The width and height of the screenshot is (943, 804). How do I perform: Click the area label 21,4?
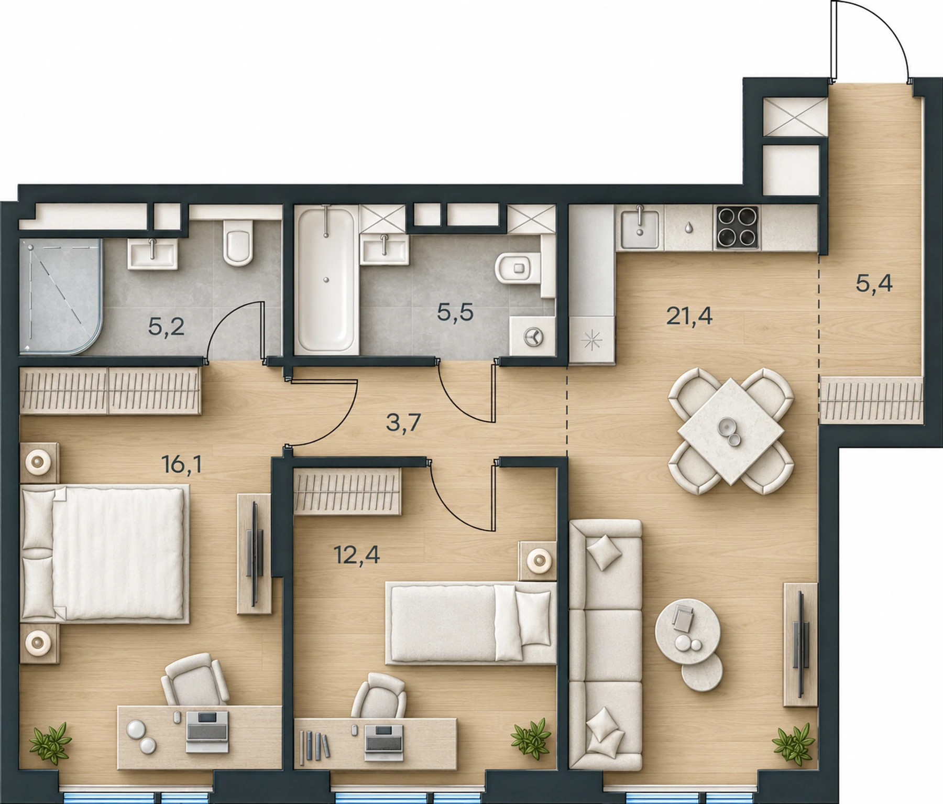pyautogui.click(x=689, y=316)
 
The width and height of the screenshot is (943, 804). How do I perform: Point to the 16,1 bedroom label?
pyautogui.click(x=183, y=464)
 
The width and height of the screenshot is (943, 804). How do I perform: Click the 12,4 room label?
pyautogui.click(x=357, y=554)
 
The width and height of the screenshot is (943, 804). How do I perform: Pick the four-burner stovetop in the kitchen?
pyautogui.click(x=737, y=227)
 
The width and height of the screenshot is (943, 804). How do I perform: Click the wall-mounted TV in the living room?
pyautogui.click(x=800, y=644)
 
